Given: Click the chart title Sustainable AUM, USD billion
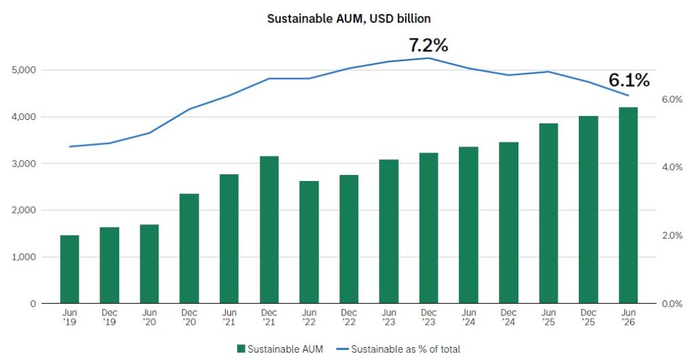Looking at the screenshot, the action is (349, 18).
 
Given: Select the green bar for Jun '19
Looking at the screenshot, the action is (70, 269).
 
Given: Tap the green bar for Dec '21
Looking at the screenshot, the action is (269, 230).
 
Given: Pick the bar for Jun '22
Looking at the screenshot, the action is (309, 242).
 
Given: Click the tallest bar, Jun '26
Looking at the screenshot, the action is (628, 205).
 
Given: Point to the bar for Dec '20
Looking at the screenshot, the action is (190, 248).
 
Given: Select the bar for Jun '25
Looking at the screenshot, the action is (548, 214).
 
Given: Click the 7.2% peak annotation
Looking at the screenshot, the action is (428, 45).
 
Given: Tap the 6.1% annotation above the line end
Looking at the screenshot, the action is (629, 80).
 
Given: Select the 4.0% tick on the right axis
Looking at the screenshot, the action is (672, 167).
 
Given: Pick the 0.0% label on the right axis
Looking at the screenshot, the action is (672, 304).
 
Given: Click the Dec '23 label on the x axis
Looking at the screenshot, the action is (428, 317).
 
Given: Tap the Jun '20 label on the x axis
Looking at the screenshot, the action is (149, 317).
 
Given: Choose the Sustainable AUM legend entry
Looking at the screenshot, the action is (280, 349).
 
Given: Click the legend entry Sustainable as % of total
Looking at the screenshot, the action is (399, 349).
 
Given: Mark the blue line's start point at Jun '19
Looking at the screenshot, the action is (70, 146).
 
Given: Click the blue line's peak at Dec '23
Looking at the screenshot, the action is (428, 58).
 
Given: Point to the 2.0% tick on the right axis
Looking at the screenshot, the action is (672, 235).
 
